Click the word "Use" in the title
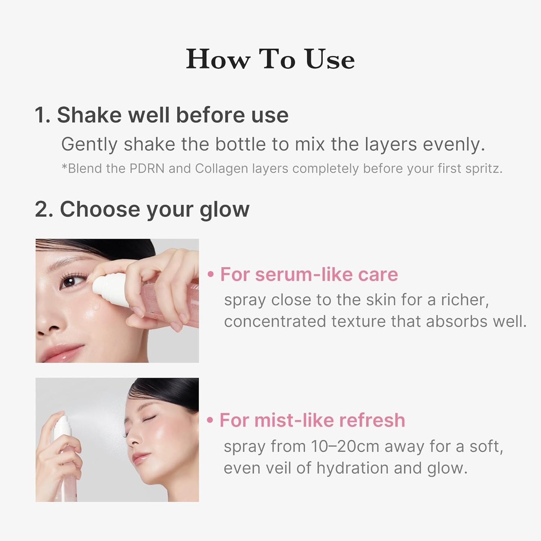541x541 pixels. [329, 59]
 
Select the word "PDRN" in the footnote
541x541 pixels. [147, 168]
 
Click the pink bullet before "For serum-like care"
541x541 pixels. [211, 274]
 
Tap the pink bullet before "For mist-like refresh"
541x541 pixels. [210, 420]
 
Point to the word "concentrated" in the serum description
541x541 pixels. [275, 322]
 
